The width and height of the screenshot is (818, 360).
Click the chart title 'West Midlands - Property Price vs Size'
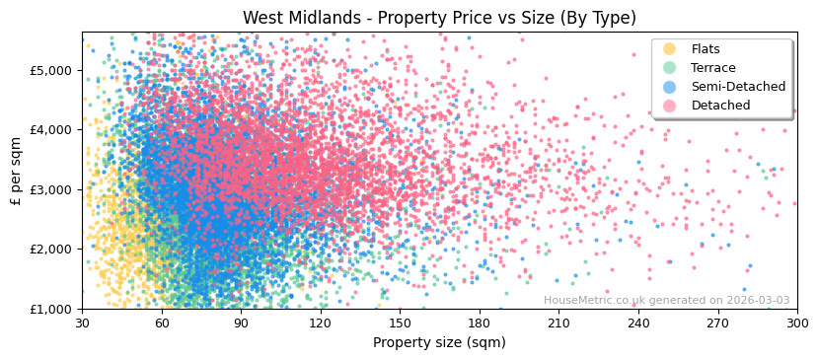(x=439, y=18)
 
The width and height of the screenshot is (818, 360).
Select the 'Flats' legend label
(x=705, y=49)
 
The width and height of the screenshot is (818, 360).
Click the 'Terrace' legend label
(x=712, y=68)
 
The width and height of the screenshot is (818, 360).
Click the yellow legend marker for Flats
(x=670, y=49)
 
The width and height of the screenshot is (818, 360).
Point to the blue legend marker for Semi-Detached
(x=670, y=87)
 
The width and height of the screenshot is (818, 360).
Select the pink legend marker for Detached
(x=670, y=106)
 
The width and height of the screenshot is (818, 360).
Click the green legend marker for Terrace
(x=670, y=68)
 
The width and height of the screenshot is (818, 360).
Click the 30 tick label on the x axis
(x=82, y=324)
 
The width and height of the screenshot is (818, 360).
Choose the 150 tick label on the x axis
(x=400, y=324)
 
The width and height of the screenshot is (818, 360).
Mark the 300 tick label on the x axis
(x=796, y=324)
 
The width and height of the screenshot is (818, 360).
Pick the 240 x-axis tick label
(x=637, y=324)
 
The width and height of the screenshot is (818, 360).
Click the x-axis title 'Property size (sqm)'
(x=439, y=343)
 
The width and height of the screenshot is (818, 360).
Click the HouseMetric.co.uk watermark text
(x=666, y=300)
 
